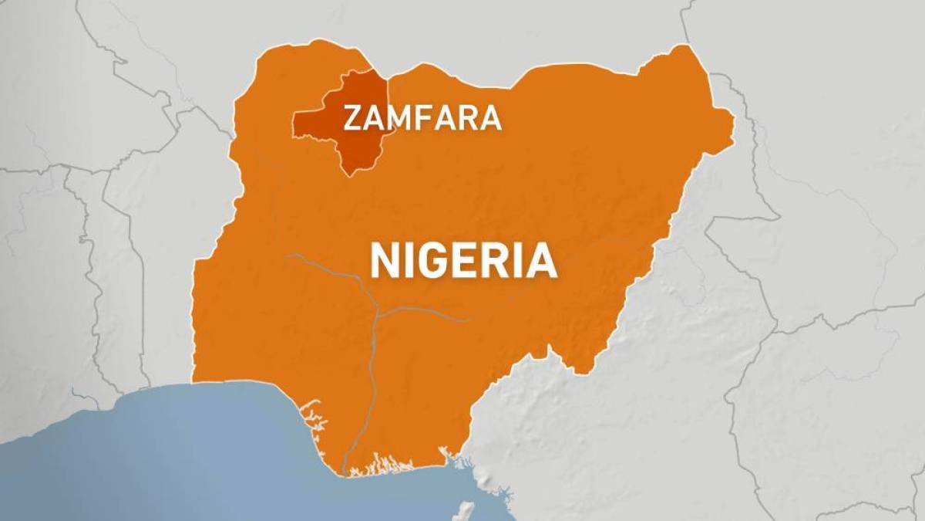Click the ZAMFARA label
422,118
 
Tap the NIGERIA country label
463,260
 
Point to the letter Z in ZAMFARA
351,118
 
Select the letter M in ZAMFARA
399,118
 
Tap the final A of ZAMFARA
491,118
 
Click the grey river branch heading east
432,313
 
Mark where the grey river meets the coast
344,470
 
